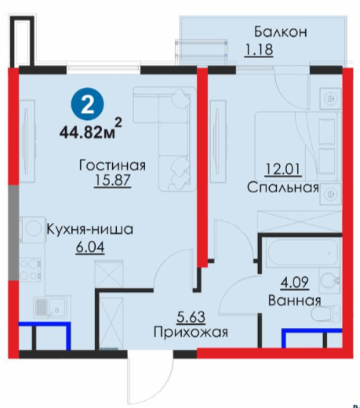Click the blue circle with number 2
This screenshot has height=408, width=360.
88,104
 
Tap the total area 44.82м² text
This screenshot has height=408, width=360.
91,129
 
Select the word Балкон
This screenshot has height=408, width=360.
281,31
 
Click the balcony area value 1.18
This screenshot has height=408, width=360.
259,49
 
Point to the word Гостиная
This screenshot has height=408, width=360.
112,166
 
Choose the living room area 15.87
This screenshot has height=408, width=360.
112,180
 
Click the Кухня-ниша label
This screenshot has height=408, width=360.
90,229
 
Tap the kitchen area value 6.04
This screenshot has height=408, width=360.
90,246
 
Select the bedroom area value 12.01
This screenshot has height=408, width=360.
282,169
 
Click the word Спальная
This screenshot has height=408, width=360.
283,188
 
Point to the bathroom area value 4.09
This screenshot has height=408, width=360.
294,282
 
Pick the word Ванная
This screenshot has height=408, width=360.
295,301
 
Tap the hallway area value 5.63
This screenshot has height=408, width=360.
191,317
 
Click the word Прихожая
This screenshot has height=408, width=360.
191,332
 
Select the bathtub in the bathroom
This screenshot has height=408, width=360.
303,253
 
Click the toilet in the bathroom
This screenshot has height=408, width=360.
327,313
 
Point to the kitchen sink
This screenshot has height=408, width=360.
52,307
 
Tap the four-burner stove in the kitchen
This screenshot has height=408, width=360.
30,268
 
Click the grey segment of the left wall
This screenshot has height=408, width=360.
13,233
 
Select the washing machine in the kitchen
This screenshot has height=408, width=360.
32,229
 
